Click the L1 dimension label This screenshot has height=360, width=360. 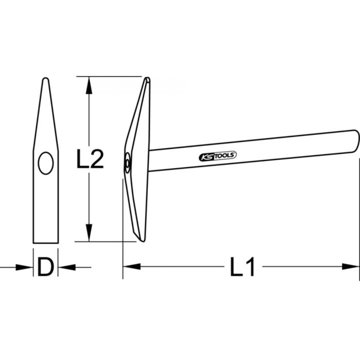tap(243, 267)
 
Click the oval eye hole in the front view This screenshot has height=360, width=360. tap(46, 163)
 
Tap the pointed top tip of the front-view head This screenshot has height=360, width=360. tap(45, 79)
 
